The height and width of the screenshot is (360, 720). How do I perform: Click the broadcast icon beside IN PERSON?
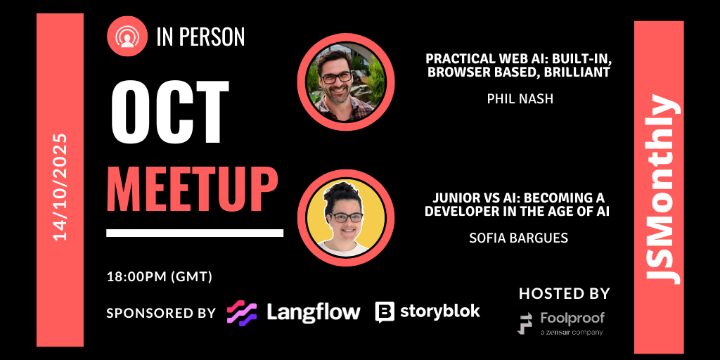pos(127,37)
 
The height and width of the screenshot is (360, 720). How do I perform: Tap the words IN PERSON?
pos(200,37)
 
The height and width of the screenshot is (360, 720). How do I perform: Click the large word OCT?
pos(170,110)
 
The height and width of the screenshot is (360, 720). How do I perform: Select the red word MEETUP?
pos(192,189)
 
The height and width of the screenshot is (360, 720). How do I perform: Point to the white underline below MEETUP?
pos(195,233)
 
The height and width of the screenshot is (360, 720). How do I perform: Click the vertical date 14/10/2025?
pos(60,187)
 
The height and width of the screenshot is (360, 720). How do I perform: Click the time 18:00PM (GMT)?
pos(160,276)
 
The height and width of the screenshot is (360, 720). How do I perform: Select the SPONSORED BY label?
pos(161,312)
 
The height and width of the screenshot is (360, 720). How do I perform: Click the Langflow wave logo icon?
pos(241,312)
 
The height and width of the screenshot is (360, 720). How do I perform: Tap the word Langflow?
pos(313,311)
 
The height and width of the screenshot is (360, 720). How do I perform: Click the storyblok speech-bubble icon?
pos(385,312)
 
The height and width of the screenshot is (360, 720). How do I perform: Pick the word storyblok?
pos(440,311)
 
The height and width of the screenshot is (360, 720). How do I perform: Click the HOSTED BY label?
pos(564,293)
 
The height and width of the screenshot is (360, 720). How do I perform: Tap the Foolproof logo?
pos(561,323)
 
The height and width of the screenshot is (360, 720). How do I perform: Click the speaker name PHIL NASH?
pos(520,99)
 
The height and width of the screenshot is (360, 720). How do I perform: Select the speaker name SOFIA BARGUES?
pos(518,238)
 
